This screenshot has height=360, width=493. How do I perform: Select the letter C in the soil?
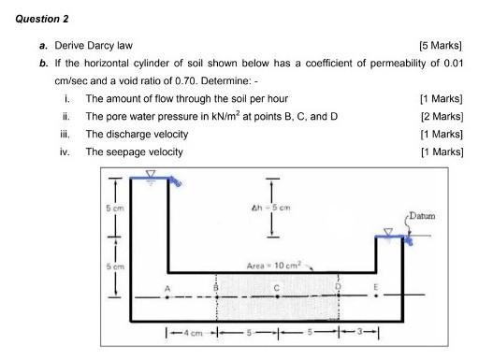[x=278, y=287]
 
